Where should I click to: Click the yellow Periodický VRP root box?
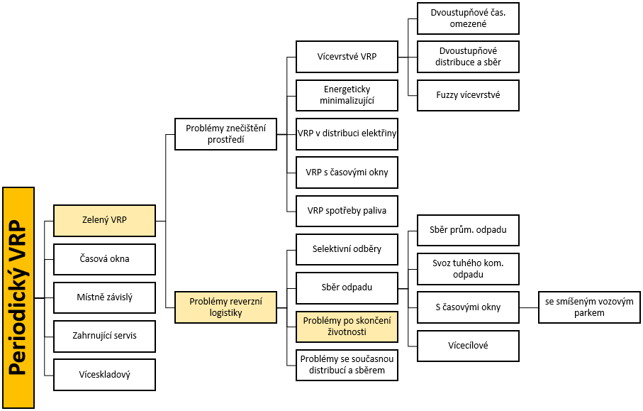18,297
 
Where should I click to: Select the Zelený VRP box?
105,221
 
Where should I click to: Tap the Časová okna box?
105,260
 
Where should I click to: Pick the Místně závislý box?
105,297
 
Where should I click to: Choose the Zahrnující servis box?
105,336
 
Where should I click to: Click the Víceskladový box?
105,375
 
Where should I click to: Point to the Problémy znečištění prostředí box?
225,134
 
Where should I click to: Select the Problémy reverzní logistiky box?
225,307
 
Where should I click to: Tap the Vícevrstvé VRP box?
347,57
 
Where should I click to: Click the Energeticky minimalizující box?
347,95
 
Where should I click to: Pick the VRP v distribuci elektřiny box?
347,134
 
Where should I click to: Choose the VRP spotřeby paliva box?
347,211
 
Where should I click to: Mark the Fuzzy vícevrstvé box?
469,95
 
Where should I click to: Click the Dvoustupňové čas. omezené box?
469,18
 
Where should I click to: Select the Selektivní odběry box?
347,249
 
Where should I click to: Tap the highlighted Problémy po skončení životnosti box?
347,327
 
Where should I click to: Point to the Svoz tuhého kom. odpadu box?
469,269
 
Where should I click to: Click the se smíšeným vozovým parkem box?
589,307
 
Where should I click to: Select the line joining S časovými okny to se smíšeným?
529,307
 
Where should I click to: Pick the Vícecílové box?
469,346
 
